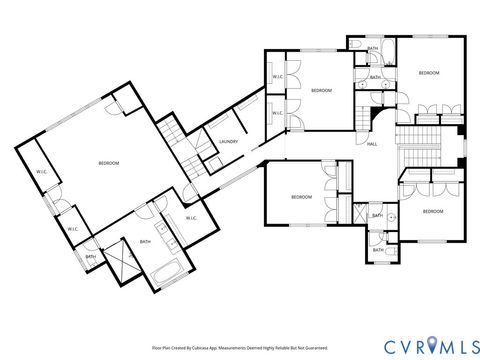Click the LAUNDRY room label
229,143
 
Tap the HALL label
372,144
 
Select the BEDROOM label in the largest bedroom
109,163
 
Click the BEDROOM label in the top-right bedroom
429,73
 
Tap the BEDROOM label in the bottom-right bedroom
432,212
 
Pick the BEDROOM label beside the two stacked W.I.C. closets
321,91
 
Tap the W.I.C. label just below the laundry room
190,217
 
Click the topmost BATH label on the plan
372,48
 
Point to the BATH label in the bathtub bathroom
145,241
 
